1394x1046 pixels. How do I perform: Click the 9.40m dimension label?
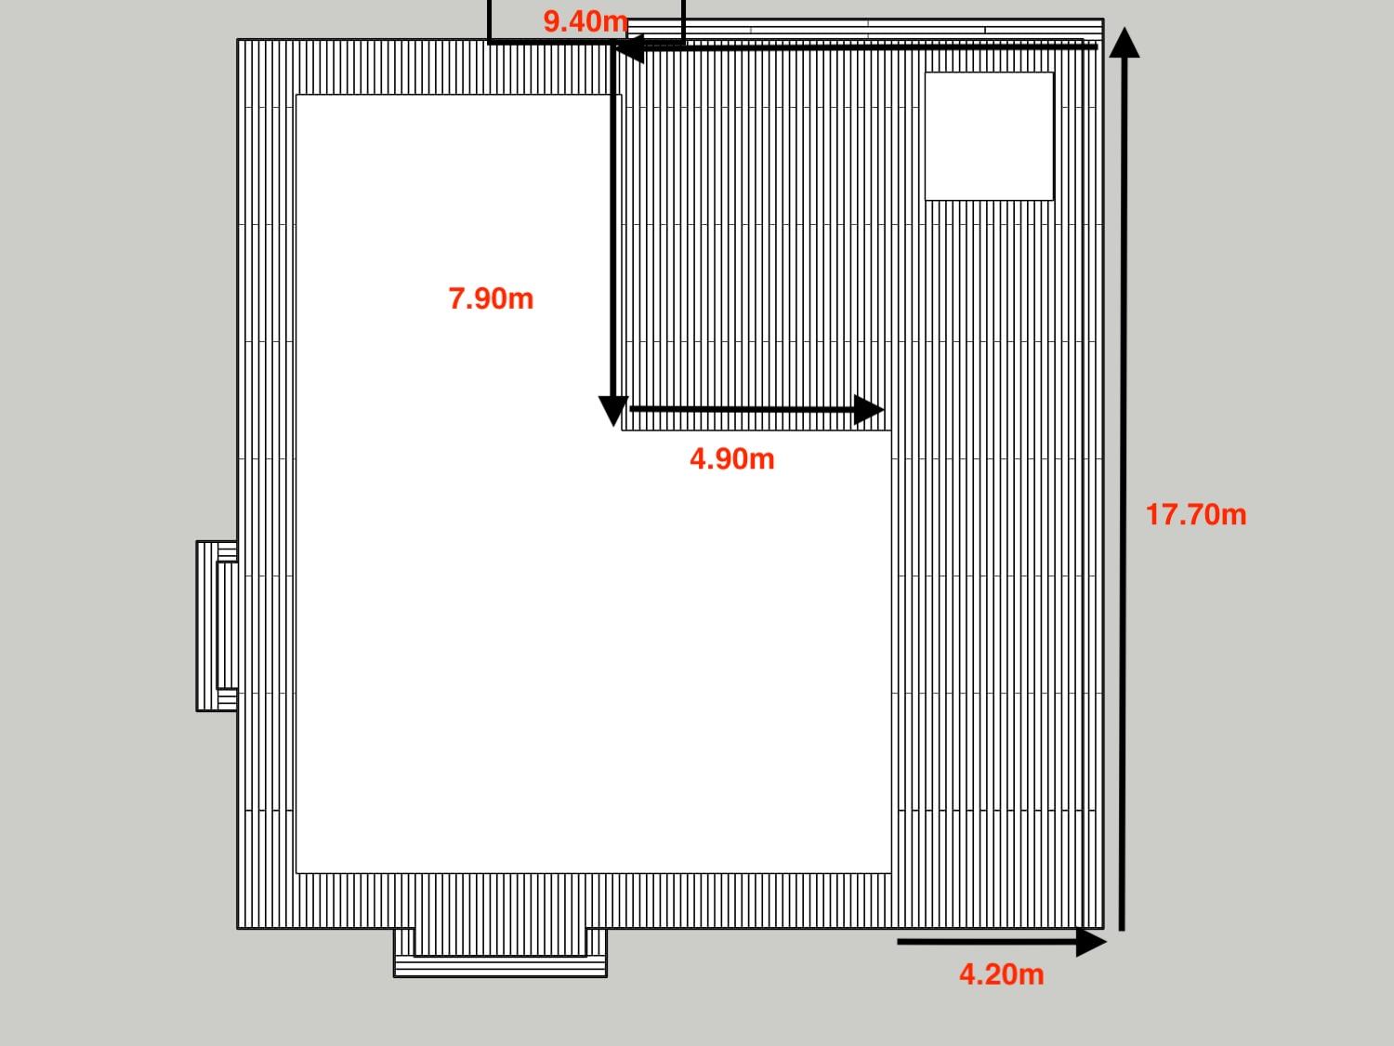585,22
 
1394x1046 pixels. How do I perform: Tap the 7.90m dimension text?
491,298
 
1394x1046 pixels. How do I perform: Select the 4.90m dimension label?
732,459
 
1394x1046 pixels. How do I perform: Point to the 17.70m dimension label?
1196,514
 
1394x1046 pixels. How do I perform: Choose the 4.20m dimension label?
1002,974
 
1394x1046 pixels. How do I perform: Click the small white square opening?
989,137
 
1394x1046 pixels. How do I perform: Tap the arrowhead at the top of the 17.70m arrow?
1124,42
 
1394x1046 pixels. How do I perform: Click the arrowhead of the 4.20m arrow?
1091,942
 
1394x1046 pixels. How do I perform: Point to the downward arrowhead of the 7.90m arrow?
613,411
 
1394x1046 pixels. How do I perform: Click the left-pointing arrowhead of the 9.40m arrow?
630,48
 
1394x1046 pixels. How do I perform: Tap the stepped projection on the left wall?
217,626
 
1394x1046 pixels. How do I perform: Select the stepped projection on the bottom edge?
500,952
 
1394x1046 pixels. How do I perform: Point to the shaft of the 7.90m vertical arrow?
613,222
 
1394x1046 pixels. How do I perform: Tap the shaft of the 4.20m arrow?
987,942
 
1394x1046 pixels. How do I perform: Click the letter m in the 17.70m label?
1232,516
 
